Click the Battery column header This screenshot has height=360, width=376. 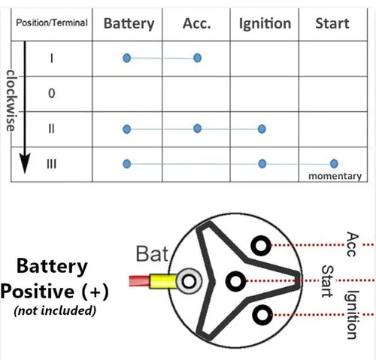point(129,24)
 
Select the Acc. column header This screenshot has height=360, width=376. point(197,23)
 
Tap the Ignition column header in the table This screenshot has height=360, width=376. point(265,24)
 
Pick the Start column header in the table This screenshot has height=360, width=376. point(332,23)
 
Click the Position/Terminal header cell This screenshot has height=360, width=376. point(52,23)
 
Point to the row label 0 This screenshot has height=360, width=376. point(51,93)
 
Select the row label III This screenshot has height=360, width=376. point(51,164)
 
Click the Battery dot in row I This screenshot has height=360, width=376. point(127,58)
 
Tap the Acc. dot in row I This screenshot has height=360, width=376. point(198,58)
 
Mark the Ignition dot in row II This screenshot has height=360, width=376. point(262,129)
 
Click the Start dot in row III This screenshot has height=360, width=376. point(334,164)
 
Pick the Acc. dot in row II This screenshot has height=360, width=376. point(198,129)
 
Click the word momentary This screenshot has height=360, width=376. point(335,176)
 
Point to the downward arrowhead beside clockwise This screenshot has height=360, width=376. point(25,162)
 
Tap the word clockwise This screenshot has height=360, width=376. point(11,101)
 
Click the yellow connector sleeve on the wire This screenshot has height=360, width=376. point(163,281)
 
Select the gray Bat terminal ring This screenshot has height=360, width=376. point(189,281)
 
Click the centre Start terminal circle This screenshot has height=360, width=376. point(235,281)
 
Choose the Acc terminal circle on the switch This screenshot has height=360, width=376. point(261,246)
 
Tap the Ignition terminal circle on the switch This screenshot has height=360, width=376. point(262,315)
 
